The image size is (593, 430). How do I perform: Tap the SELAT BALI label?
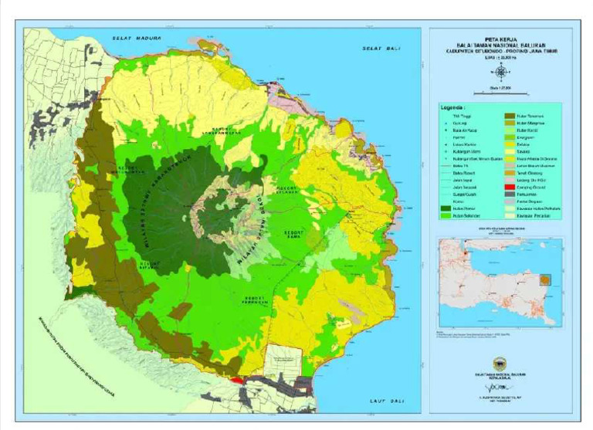click(378, 49)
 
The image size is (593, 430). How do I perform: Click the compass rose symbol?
click(502, 72)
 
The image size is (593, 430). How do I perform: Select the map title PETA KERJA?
click(502, 35)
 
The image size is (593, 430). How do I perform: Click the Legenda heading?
click(453, 108)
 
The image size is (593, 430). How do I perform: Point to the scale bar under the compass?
click(502, 89)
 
